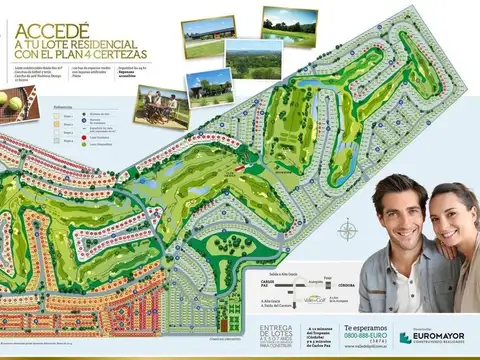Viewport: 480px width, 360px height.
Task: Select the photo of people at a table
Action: coord(161,106)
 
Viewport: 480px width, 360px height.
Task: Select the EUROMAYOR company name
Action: coord(442,337)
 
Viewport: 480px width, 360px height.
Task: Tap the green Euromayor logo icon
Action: coord(404,339)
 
